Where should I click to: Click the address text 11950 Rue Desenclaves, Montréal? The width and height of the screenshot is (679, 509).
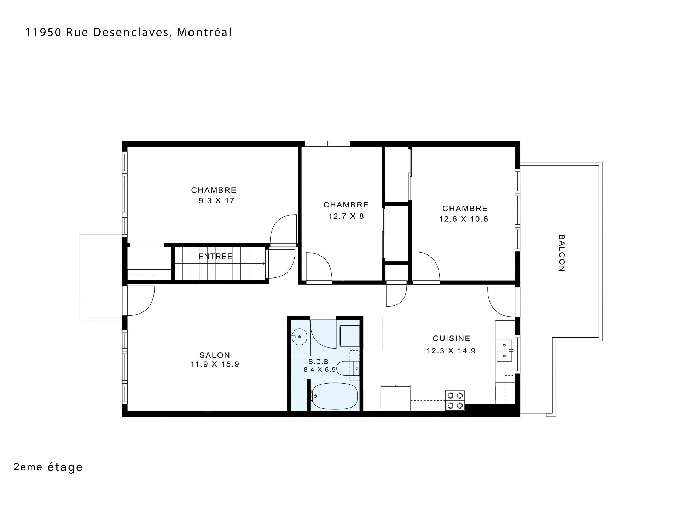pos(129,33)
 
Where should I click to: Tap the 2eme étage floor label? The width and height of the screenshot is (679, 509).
pos(48,467)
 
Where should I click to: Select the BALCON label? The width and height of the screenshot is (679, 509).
pos(561,253)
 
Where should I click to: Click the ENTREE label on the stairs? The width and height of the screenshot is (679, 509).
pos(215,257)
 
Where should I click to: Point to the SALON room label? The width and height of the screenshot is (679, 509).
pos(215,355)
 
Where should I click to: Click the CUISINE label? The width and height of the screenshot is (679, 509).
pos(452,338)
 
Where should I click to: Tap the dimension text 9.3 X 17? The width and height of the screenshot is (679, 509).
pos(216,201)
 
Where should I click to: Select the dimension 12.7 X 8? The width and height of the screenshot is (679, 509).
pos(346,216)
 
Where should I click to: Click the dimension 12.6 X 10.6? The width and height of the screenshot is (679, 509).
pos(464,219)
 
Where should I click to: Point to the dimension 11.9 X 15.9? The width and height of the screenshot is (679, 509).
pos(215,364)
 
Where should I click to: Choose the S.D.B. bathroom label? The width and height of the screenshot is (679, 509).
pos(319,362)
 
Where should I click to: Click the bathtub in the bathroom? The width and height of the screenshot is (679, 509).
pos(334,397)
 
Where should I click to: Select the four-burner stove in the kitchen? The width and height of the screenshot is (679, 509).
pos(455,400)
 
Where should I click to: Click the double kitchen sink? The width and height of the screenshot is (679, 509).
pos(504,350)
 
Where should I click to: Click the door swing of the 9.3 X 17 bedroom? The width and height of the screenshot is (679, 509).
pos(283,229)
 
